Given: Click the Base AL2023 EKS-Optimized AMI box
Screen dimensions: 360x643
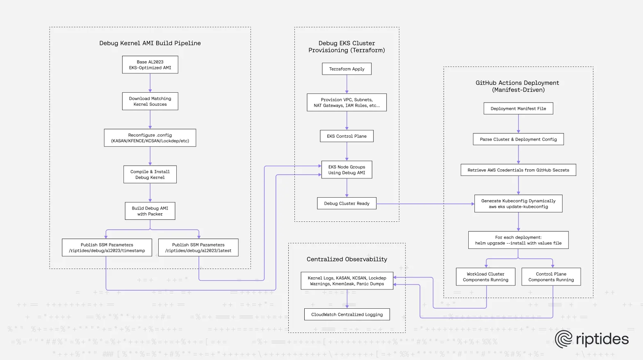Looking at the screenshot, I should point(150,65).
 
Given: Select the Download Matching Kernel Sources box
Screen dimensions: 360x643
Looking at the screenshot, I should point(150,101).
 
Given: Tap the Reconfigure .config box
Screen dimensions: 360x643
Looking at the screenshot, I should point(150,138).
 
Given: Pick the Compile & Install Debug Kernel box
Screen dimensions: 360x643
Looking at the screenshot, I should point(150,174).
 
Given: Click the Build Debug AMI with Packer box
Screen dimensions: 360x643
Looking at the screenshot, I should point(150,211).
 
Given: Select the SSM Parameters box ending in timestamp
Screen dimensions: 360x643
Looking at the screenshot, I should point(107,248).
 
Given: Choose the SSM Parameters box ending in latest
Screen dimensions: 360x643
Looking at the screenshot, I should point(198,248).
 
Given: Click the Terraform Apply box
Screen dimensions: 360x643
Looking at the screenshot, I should point(347,69).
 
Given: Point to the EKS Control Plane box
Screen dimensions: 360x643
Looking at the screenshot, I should point(347,136).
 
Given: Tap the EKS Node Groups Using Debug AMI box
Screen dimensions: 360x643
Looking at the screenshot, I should point(347,170).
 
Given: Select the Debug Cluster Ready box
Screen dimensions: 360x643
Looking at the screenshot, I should point(347,203).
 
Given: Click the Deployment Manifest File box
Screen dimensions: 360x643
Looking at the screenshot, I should point(518,109).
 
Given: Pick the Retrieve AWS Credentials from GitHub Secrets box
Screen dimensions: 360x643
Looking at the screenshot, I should point(518,170).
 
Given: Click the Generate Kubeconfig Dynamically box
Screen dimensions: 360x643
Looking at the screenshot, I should point(518,204).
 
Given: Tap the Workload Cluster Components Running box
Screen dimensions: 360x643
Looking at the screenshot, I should point(486,277).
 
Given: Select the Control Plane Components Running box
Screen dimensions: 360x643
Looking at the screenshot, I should point(551,277).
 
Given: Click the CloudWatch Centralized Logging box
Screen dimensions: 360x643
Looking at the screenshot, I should point(347,314).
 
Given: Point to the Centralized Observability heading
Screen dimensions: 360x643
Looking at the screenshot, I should point(347,259).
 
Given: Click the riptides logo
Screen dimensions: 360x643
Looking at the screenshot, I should point(592,339).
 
